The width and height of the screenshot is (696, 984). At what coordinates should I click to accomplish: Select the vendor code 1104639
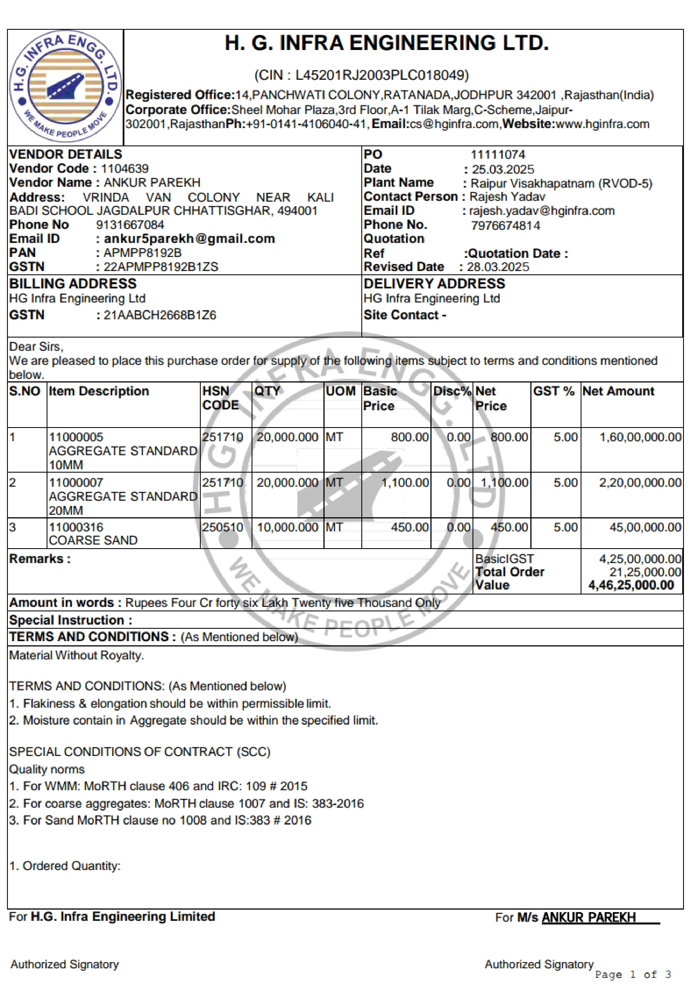tap(125, 168)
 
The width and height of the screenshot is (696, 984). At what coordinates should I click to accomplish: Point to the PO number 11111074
tap(498, 155)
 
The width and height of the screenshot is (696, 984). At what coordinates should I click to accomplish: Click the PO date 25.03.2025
tap(503, 169)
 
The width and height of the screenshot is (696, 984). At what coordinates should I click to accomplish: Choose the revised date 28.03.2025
tap(498, 267)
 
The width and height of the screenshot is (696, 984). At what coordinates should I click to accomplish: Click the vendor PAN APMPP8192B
tap(142, 253)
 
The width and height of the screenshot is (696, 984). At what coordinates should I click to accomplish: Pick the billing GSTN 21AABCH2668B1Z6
tap(160, 315)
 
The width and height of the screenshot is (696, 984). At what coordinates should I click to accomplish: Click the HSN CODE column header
tap(220, 398)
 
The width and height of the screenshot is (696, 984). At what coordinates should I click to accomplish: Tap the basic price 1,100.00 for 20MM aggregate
tap(405, 482)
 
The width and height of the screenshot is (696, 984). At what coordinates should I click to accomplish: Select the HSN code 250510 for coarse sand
tap(222, 527)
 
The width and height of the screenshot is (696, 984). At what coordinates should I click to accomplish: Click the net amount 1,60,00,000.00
tap(640, 437)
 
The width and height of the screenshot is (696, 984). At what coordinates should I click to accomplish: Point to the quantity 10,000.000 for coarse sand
tap(287, 527)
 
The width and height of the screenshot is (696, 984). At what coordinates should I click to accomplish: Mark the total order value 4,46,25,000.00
tap(631, 585)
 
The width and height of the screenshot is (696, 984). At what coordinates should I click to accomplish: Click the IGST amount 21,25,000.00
tap(645, 572)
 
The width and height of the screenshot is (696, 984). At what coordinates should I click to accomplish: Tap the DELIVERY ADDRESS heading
tap(434, 284)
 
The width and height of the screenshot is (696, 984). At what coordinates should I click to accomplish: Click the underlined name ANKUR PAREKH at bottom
tap(588, 917)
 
